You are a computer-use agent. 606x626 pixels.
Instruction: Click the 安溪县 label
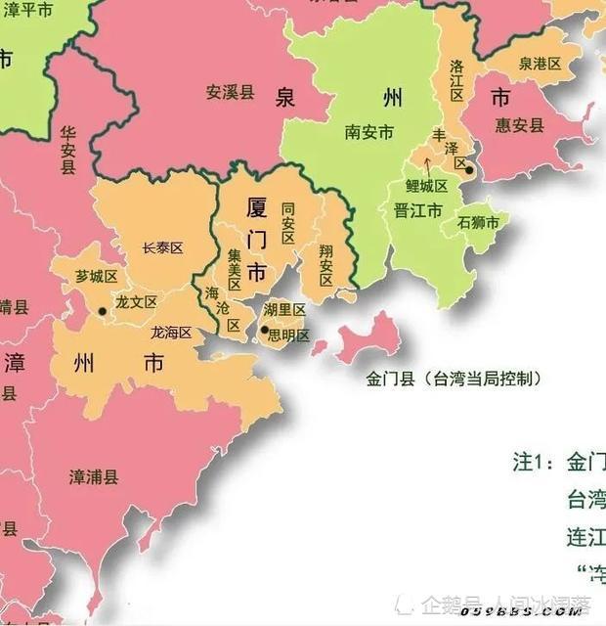click(230, 93)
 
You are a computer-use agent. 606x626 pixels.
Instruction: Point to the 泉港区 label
click(540, 64)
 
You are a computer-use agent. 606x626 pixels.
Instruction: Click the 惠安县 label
click(518, 125)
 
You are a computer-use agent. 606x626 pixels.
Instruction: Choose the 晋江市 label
click(417, 210)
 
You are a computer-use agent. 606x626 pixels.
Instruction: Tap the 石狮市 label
click(478, 223)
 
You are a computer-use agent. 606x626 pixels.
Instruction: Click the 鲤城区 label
click(426, 186)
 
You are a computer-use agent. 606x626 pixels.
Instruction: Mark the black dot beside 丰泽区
click(469, 170)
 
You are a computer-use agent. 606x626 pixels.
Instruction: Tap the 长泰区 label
click(162, 248)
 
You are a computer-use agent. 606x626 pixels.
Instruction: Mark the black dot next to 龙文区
click(102, 311)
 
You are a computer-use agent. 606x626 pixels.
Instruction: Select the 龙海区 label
click(171, 333)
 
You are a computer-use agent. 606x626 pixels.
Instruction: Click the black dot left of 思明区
click(264, 331)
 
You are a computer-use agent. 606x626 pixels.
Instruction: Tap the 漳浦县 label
click(94, 477)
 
